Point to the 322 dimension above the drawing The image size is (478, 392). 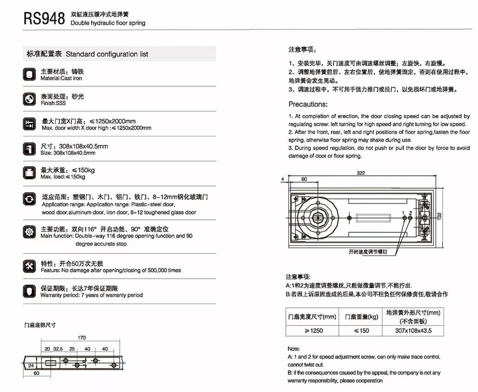pos(361,173)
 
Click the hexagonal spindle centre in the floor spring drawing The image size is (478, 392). pos(319,215)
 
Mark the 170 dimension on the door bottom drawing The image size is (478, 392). pos(82,338)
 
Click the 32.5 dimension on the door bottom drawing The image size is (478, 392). pos(58,348)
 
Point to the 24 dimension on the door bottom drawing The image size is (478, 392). pos(30,365)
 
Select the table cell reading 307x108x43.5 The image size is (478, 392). pos(413,331)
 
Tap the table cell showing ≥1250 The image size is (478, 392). pos(313,331)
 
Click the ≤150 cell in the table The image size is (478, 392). pos(361,331)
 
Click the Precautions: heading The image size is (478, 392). pos(308,104)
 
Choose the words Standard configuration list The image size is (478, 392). pos(107,54)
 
